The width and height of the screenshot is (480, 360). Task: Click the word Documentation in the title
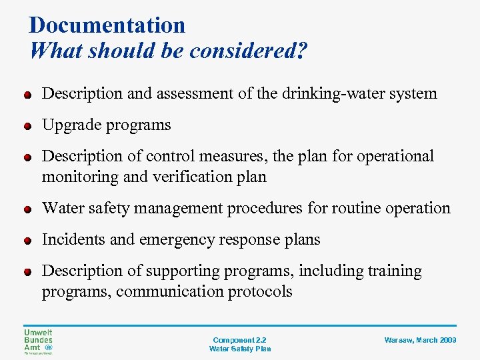point(107,25)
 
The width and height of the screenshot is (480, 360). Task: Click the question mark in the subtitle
point(303,51)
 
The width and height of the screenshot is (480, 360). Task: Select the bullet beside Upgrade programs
point(27,125)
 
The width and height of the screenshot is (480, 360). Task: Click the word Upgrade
point(71,125)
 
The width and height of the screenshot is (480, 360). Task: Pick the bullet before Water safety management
point(27,209)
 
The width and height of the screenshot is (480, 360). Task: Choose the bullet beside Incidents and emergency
point(27,240)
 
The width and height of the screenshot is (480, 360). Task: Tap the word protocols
point(261,291)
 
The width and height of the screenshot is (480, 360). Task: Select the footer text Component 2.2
point(239,340)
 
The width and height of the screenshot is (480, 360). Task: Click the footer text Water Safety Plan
point(239,349)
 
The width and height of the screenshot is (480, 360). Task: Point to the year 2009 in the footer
point(448,340)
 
